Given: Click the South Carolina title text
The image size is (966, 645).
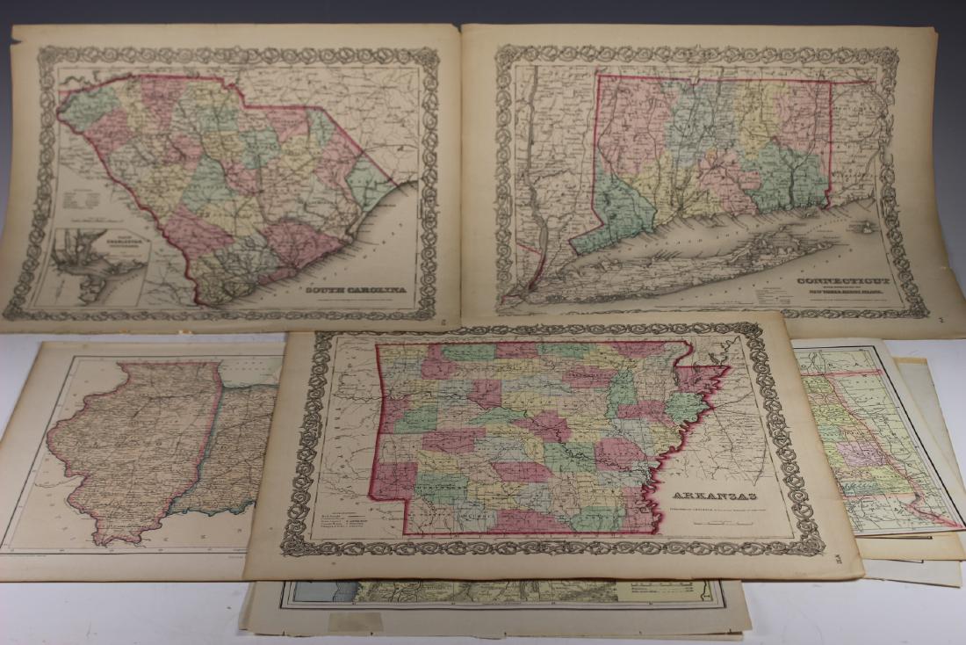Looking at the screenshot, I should click(355, 288).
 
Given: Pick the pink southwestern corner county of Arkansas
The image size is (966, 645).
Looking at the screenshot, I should click(395, 479).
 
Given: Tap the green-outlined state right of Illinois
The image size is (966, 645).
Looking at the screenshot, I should click(237, 448).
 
